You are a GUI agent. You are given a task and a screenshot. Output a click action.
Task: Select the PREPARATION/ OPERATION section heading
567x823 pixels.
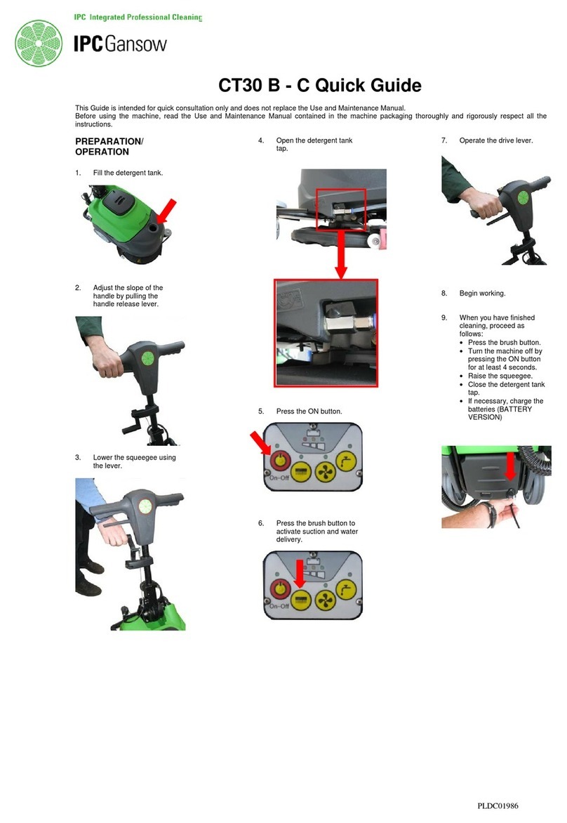pyautogui.click(x=109, y=146)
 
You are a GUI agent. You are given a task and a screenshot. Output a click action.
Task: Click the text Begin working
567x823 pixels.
pyautogui.click(x=482, y=294)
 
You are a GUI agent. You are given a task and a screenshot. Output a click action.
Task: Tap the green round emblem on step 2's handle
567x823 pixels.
pyautogui.click(x=148, y=357)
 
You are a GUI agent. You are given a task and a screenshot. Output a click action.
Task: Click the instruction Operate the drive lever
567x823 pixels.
pyautogui.click(x=495, y=141)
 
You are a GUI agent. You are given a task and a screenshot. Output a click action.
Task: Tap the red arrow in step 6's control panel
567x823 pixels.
pyautogui.click(x=300, y=576)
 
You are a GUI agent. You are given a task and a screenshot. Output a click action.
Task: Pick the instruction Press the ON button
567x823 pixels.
pyautogui.click(x=309, y=411)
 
